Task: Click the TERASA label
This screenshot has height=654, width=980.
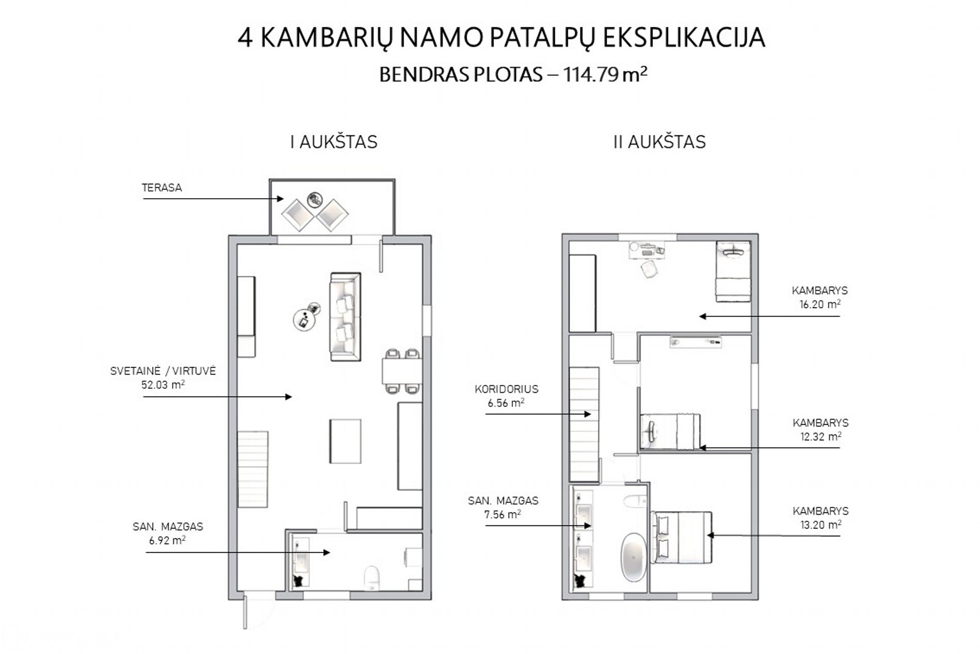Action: [162, 187]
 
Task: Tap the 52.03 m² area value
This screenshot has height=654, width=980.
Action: [163, 384]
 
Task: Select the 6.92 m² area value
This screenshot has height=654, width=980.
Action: [168, 540]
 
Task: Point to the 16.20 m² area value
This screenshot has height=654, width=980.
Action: [820, 304]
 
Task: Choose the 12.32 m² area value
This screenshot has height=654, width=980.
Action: [821, 436]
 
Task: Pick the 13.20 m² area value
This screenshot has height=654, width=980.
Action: [821, 524]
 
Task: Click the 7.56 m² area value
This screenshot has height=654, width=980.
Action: [503, 514]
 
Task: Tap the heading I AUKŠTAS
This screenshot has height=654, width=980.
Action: [334, 142]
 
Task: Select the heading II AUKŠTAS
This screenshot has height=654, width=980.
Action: [659, 142]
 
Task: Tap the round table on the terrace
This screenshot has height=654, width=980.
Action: [314, 199]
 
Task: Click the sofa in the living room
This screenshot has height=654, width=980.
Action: [345, 316]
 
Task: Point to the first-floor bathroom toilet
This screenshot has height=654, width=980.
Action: [371, 578]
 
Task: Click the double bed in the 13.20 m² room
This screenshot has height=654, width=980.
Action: [682, 537]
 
